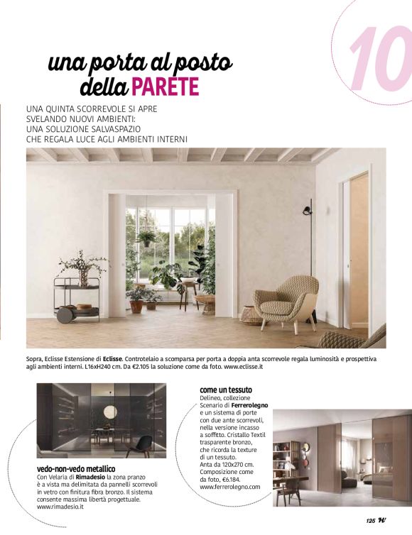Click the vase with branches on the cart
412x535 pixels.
click(82, 268)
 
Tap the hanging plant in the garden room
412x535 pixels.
click(147, 237)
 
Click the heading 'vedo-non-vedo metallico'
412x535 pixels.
click(75, 469)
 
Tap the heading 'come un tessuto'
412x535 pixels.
click(226, 390)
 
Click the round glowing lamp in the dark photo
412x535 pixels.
click(110, 412)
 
